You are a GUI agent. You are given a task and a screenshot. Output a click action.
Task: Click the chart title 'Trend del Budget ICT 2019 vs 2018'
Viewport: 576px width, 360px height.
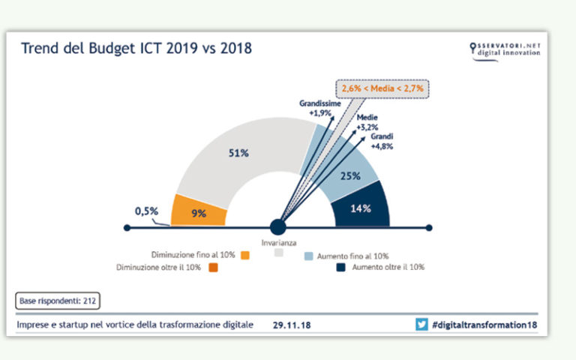point(136,49)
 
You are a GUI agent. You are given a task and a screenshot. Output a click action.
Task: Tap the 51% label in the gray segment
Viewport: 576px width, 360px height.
point(238,154)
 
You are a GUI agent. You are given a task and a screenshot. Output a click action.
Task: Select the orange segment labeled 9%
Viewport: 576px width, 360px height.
point(199,212)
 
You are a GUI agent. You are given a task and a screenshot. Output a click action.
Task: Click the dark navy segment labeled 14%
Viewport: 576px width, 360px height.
point(361,208)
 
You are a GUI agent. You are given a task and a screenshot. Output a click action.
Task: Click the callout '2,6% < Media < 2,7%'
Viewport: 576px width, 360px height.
point(382,88)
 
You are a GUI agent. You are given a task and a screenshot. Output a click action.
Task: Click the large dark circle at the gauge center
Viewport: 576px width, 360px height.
point(278,226)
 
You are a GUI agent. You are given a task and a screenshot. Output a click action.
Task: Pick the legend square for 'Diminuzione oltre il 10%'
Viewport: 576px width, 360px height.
point(213,268)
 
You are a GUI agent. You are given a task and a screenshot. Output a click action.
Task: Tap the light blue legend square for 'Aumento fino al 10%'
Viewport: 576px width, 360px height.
point(308,256)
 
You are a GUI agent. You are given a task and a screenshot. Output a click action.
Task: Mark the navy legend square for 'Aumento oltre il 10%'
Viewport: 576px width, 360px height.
point(340,268)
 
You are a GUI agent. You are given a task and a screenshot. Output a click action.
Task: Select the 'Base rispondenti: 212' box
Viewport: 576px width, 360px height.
point(57,301)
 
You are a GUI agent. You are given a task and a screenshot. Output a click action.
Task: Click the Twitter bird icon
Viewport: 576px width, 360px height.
point(422,325)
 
